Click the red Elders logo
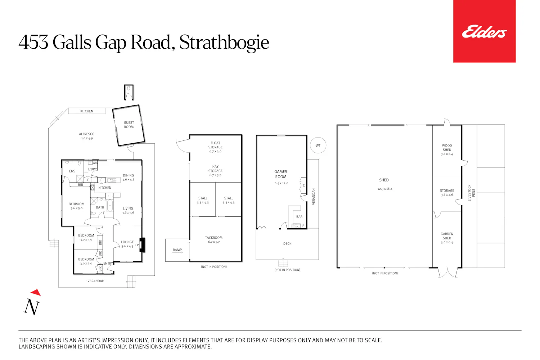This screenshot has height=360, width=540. (x=484, y=31)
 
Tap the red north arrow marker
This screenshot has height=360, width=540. (x=36, y=292)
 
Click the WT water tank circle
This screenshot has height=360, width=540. (x=318, y=145)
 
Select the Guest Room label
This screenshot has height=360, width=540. (x=129, y=125)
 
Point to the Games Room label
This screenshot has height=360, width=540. (x=280, y=174)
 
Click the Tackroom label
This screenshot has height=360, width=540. (x=213, y=238)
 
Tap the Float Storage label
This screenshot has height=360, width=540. (x=215, y=145)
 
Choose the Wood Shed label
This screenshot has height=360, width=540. (x=447, y=148)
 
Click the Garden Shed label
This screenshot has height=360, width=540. (x=447, y=236)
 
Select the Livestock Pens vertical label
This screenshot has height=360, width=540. (x=471, y=193)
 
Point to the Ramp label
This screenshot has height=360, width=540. (x=177, y=250)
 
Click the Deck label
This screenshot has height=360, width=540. (x=287, y=243)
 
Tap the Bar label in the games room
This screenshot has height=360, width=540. (x=299, y=216)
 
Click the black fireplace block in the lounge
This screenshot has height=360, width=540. (x=142, y=245)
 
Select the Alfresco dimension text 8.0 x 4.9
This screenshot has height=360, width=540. (x=86, y=138)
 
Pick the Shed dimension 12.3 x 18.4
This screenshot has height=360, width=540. (x=385, y=189)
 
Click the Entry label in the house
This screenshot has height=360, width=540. (x=108, y=263)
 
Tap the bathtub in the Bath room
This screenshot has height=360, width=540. (x=110, y=206)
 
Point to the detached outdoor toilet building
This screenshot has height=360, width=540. (x=129, y=92)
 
